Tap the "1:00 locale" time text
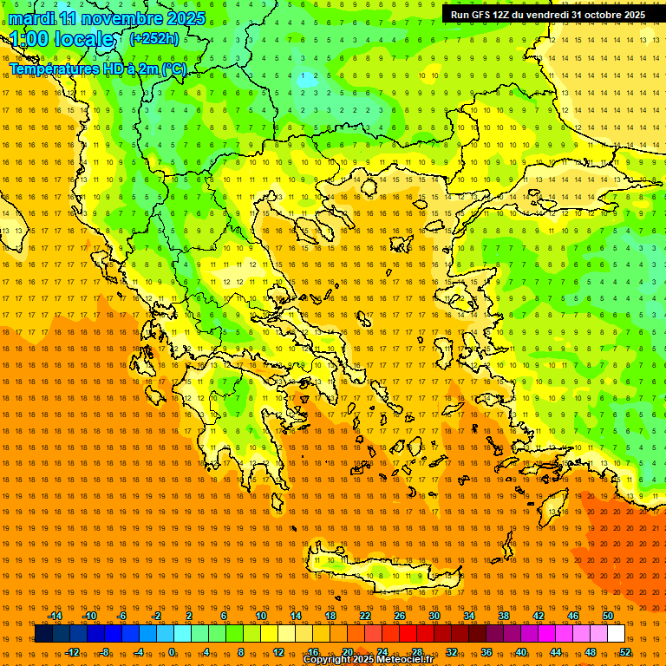click(x=62, y=40)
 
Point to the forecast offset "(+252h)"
click(x=154, y=39)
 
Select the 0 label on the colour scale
click(x=171, y=651)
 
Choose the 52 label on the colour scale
click(x=625, y=651)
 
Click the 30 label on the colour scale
click(x=433, y=616)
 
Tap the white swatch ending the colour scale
click(x=616, y=634)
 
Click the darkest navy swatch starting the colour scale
click(x=43, y=634)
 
